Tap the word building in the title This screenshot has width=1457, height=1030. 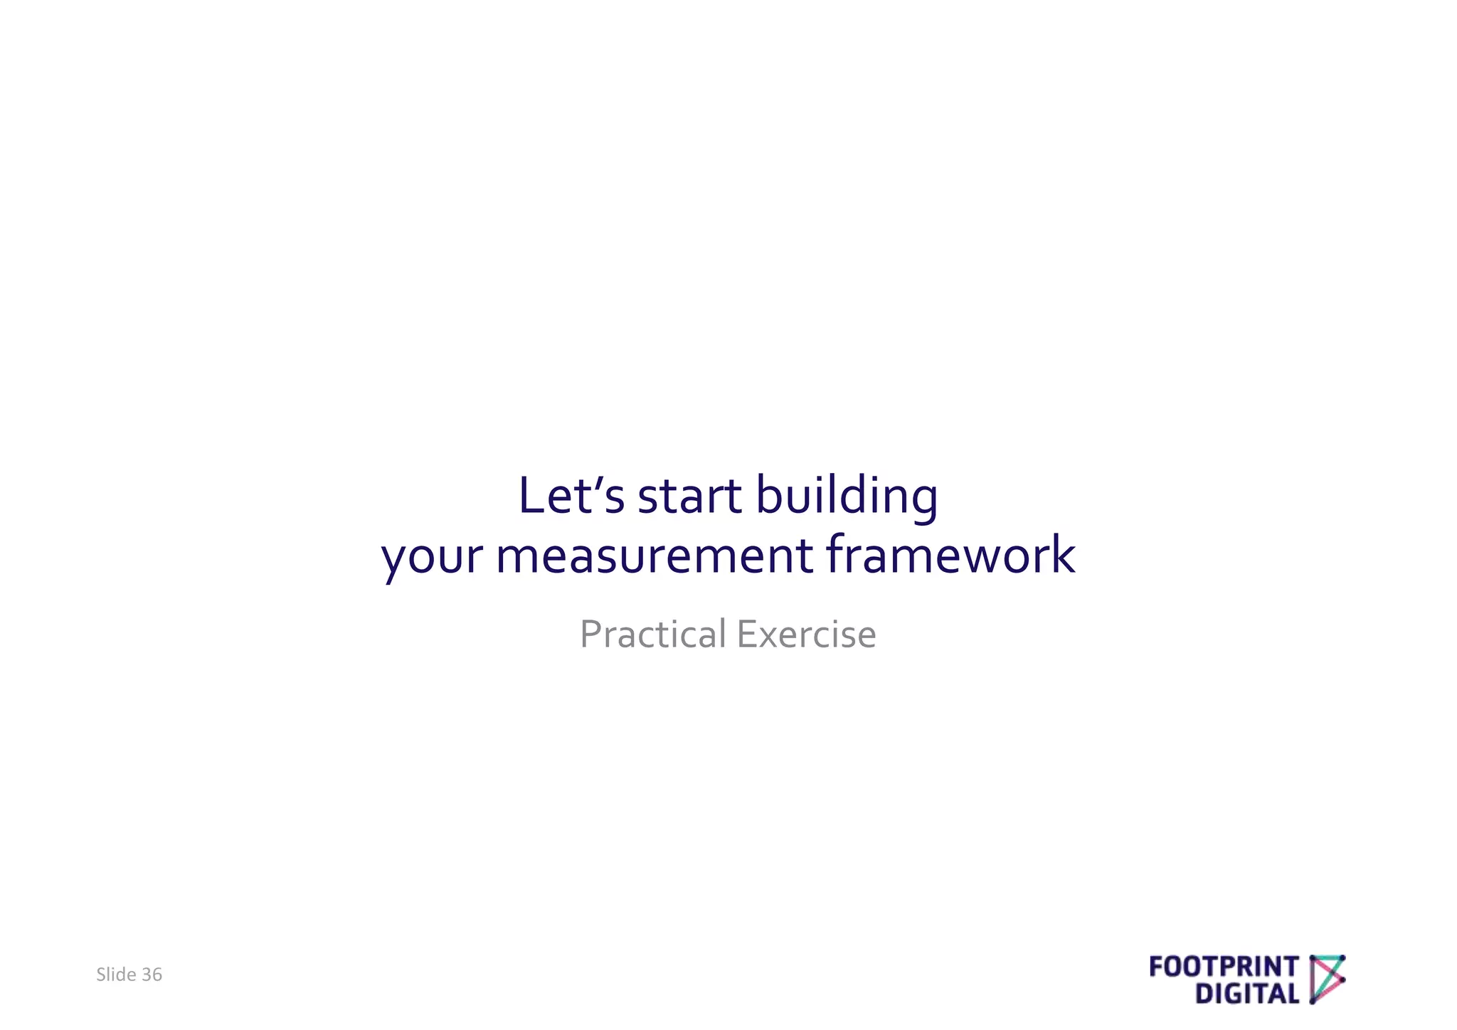pos(846,497)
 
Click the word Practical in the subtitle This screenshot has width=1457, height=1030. pos(652,634)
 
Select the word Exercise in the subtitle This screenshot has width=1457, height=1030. pos(806,634)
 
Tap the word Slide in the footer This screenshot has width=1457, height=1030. pos(116,975)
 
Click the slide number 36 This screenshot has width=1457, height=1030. pos(152,975)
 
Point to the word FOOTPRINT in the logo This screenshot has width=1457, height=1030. pos(1224,967)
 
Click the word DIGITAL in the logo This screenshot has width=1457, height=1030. pos(1247,994)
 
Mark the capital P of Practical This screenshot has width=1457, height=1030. pos(590,634)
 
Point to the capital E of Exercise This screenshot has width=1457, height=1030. pos(746,634)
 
